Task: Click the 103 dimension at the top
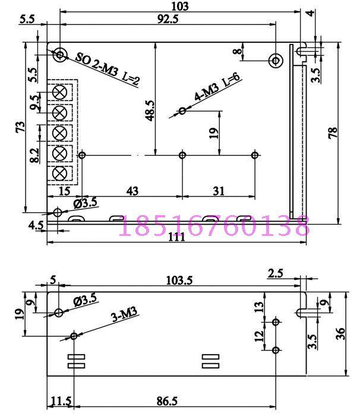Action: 180,6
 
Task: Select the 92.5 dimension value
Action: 168,19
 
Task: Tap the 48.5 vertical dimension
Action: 150,111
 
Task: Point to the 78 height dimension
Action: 333,132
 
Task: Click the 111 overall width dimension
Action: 176,237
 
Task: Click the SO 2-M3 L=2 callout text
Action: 108,68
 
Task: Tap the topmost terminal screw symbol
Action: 59,93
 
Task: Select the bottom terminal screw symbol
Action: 59,174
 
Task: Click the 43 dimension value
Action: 132,191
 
